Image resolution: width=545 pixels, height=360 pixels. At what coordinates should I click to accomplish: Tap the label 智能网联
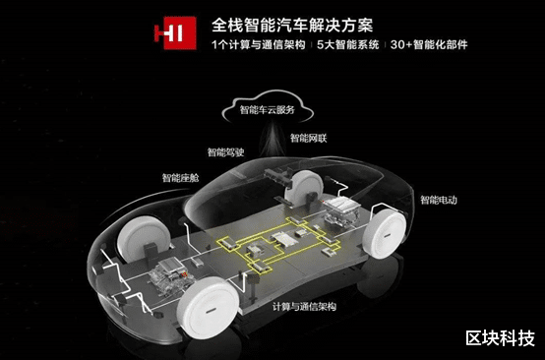pos(312,138)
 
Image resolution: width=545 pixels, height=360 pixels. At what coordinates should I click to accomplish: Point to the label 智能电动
pos(438,201)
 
